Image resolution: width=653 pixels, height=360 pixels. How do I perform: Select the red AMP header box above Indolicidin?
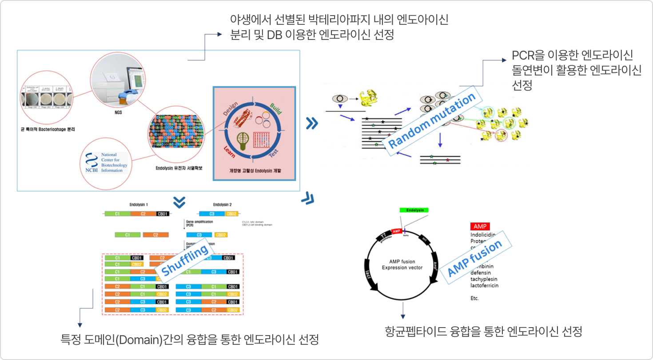click(x=482, y=226)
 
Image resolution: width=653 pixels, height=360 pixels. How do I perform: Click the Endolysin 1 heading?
click(x=139, y=205)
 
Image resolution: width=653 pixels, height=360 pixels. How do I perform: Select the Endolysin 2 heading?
click(x=222, y=205)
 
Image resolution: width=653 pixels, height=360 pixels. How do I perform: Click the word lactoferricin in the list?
click(x=484, y=285)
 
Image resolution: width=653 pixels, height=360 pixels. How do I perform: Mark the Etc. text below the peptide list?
click(x=475, y=298)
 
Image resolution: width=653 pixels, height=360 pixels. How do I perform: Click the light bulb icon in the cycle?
click(x=243, y=140)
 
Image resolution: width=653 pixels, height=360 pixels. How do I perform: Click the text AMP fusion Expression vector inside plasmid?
click(x=402, y=264)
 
